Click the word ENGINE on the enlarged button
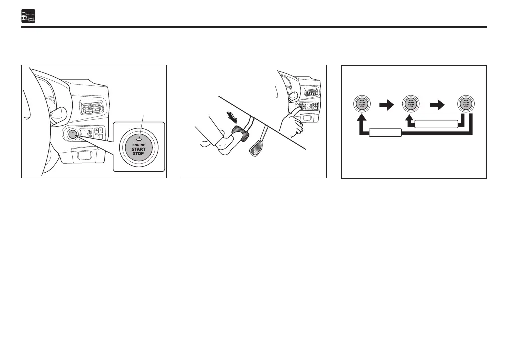(138, 145)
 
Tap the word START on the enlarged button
(138, 149)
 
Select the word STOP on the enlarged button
(138, 153)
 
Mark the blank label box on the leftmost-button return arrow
(385, 133)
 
